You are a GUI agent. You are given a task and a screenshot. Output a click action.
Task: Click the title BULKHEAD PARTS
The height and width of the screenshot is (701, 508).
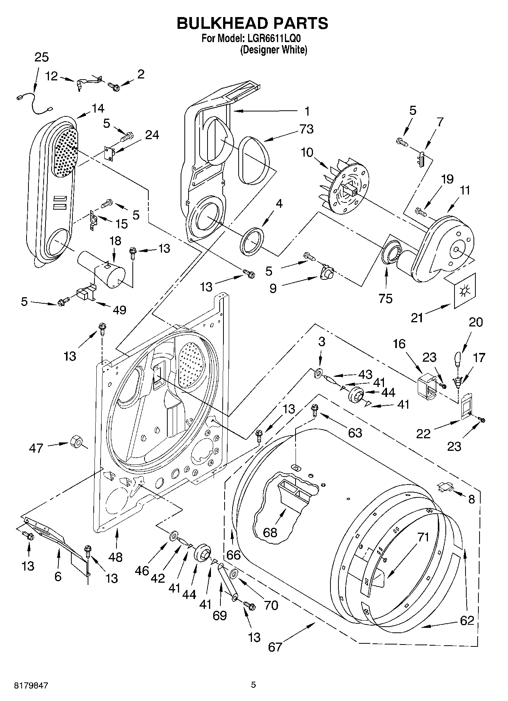click(252, 24)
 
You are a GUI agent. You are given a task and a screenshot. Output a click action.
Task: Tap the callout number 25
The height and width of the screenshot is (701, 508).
click(41, 57)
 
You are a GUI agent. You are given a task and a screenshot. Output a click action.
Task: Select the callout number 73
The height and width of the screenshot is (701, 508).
click(306, 129)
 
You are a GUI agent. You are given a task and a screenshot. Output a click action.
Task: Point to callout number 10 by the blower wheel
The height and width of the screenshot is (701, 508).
click(307, 152)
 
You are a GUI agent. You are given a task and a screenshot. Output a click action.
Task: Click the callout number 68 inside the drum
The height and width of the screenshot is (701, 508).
click(270, 532)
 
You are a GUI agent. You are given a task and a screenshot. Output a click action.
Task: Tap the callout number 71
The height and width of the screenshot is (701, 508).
click(423, 537)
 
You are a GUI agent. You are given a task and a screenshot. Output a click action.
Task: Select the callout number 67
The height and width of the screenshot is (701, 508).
click(275, 646)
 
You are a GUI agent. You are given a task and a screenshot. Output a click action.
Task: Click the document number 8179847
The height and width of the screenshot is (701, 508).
click(31, 685)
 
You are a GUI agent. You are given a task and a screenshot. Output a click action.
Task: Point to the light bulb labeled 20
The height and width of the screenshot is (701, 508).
click(458, 358)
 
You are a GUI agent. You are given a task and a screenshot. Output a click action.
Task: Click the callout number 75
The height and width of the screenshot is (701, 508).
click(385, 298)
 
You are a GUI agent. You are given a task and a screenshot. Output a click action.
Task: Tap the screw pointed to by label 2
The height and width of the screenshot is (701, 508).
click(114, 87)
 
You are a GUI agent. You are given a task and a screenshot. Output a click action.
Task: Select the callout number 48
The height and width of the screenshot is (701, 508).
click(115, 557)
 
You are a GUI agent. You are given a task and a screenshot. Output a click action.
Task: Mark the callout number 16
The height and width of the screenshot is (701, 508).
click(399, 344)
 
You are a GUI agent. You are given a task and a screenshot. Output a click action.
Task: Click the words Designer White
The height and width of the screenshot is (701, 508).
click(273, 49)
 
